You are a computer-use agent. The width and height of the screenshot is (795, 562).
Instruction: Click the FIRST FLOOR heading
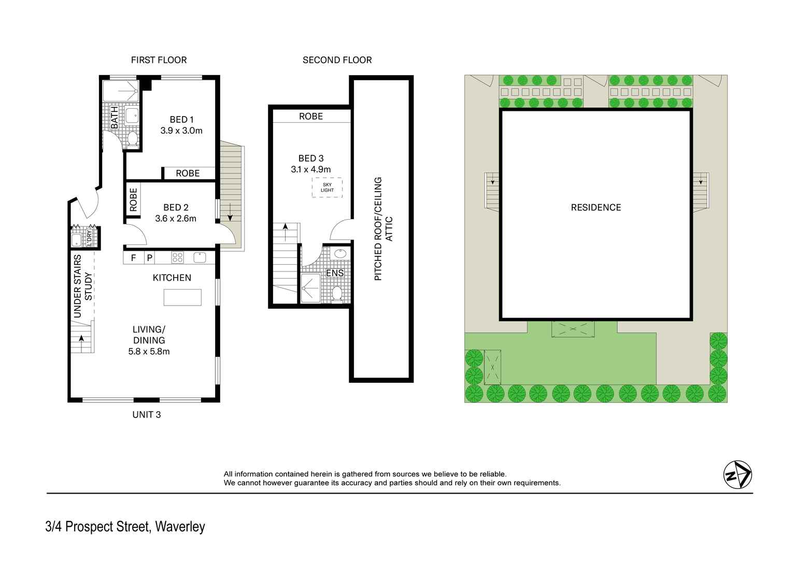159,60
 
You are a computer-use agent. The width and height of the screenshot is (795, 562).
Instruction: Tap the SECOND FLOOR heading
337,60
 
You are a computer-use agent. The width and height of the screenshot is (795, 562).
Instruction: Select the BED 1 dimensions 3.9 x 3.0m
181,131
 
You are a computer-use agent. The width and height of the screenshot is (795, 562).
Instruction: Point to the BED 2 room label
176,207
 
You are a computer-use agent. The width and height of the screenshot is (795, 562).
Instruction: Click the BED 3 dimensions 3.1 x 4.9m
310,169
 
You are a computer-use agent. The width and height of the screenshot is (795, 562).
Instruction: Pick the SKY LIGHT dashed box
327,187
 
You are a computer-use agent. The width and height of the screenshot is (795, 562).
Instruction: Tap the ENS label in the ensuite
335,273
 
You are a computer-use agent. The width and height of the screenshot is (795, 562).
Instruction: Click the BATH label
115,118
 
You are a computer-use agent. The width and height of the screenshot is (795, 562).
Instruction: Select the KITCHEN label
172,278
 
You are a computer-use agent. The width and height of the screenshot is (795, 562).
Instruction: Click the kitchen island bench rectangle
182,297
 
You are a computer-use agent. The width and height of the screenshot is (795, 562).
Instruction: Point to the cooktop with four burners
177,257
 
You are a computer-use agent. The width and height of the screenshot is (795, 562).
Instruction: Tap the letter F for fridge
133,257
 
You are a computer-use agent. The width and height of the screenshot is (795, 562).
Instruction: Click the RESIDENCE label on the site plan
595,207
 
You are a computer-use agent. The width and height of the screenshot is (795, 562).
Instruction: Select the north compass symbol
737,474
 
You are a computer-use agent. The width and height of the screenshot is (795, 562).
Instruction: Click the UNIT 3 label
146,414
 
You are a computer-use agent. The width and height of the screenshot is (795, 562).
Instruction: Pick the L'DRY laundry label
89,237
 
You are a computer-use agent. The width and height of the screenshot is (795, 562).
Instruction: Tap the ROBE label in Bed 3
310,117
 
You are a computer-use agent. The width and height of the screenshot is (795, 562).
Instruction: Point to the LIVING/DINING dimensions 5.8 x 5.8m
149,351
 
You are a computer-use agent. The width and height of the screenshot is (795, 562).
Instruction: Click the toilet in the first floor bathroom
132,138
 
